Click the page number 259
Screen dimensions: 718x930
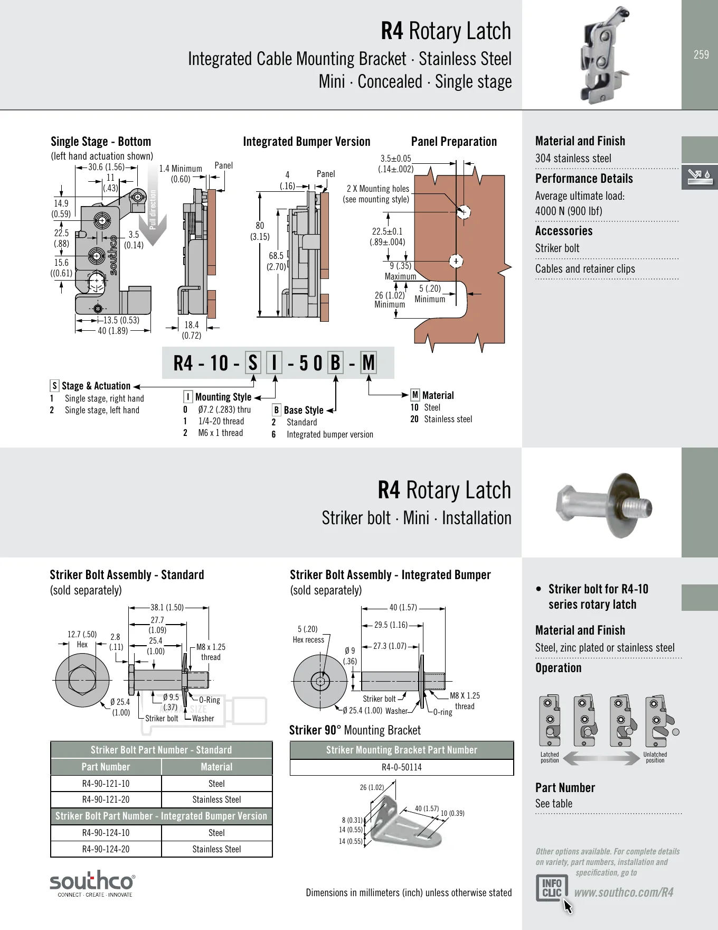click(701, 54)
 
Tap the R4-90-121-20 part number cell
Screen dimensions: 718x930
click(106, 799)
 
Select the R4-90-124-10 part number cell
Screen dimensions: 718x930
click(106, 833)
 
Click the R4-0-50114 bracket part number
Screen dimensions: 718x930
click(401, 767)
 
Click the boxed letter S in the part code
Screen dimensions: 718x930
click(253, 363)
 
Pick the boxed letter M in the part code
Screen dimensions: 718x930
click(369, 363)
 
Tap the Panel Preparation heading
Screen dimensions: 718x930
click(454, 142)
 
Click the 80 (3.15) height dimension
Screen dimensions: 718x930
click(260, 231)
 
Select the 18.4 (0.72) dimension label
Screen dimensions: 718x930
click(192, 330)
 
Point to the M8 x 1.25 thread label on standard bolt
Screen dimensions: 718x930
click(211, 652)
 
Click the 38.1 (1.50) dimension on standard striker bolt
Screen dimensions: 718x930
click(167, 608)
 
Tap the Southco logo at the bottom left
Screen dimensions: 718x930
click(92, 884)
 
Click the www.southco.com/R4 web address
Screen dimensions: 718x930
click(623, 892)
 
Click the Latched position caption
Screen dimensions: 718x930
click(550, 758)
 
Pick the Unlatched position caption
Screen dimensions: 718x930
click(655, 758)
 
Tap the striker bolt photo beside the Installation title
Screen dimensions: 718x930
click(605, 505)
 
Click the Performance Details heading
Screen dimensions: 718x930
click(584, 179)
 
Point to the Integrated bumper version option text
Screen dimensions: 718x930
click(330, 434)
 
